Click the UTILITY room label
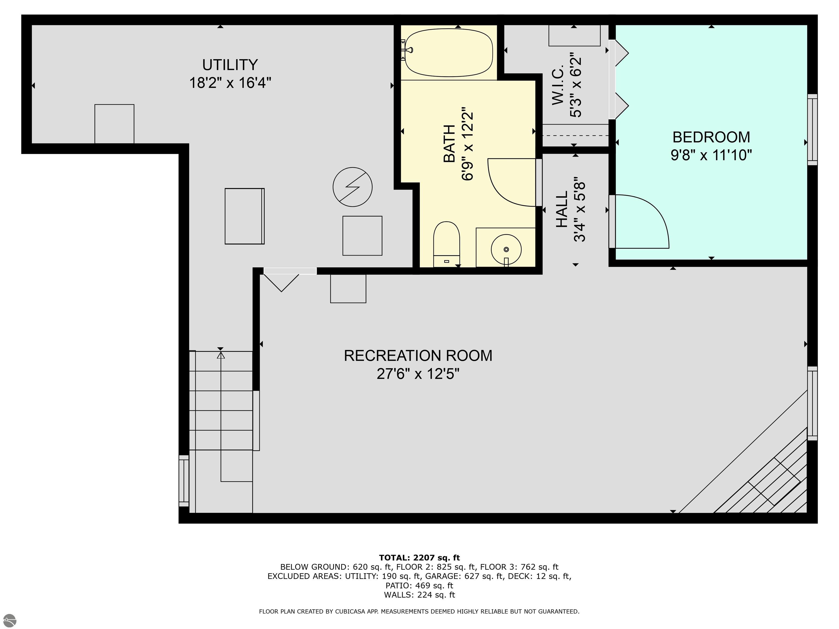(230, 65)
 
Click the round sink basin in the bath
(506, 249)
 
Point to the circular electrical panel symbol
(352, 187)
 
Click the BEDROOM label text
(711, 137)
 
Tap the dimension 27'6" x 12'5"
(418, 374)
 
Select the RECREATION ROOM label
(418, 356)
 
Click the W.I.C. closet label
(558, 86)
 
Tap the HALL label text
(562, 209)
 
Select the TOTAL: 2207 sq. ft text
(419, 558)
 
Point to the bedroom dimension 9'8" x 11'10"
(711, 155)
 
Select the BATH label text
(449, 144)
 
